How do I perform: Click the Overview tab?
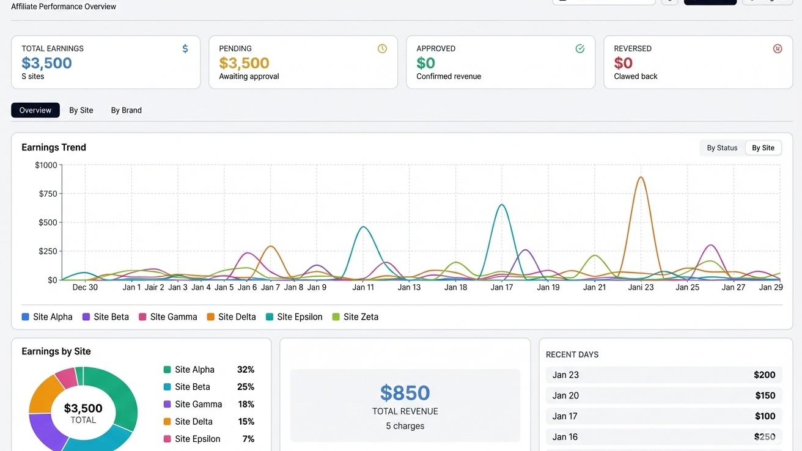pyautogui.click(x=35, y=110)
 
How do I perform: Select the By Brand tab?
pyautogui.click(x=126, y=110)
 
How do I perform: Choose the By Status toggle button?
pyautogui.click(x=722, y=148)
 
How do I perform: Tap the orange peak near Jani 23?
pyautogui.click(x=640, y=178)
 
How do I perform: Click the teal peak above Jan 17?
pyautogui.click(x=501, y=205)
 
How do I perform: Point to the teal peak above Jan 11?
pyautogui.click(x=364, y=227)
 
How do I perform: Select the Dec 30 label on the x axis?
pyautogui.click(x=85, y=287)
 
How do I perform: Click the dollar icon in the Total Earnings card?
pyautogui.click(x=185, y=48)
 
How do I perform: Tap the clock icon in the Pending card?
pyautogui.click(x=382, y=48)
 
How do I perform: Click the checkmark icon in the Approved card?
pyautogui.click(x=579, y=48)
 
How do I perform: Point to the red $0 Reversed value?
pyautogui.click(x=623, y=63)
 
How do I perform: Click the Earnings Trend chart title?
pyautogui.click(x=54, y=147)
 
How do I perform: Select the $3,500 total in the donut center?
pyautogui.click(x=83, y=408)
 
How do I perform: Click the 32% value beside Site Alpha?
pyautogui.click(x=245, y=370)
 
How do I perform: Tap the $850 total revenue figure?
pyautogui.click(x=405, y=393)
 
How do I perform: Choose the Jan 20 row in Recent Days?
pyautogui.click(x=664, y=395)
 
